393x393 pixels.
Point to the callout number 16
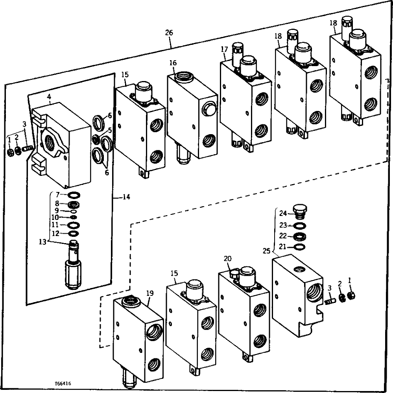[173, 63]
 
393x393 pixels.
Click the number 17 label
[224, 50]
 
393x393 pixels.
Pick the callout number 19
[149, 293]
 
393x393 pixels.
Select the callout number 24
[283, 214]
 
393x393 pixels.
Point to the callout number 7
[57, 194]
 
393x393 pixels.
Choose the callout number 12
[55, 233]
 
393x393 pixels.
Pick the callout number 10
[55, 217]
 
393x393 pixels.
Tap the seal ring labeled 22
[301, 236]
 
